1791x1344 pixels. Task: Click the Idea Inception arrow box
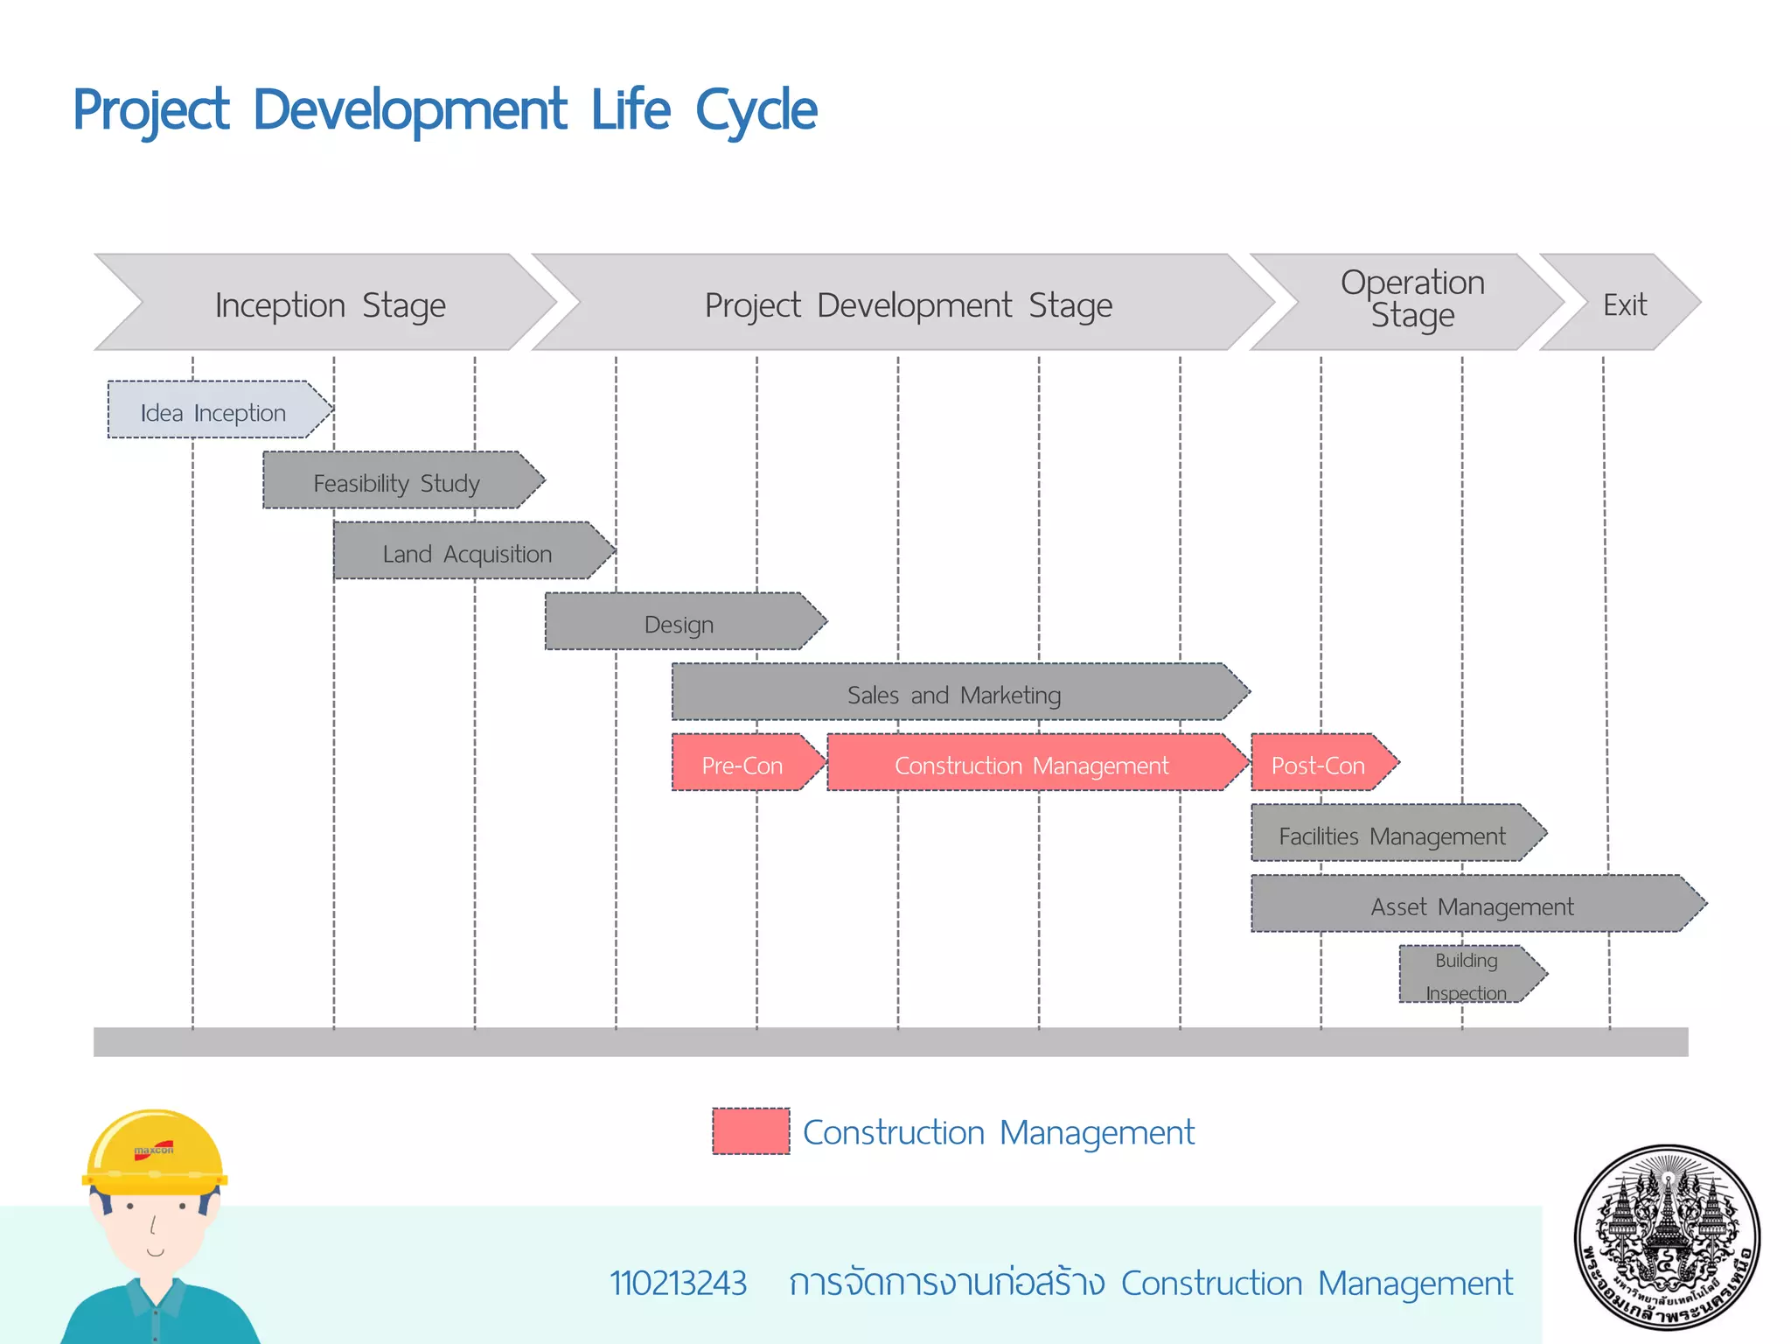point(214,410)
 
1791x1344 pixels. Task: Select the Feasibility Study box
point(398,481)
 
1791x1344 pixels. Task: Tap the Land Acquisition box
point(468,552)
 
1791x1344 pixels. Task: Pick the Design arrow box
point(679,623)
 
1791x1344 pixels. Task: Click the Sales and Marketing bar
point(953,693)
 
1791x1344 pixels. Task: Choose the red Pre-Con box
point(742,764)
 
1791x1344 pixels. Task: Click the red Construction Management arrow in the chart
point(1032,764)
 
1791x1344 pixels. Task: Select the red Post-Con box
point(1318,764)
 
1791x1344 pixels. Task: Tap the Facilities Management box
point(1392,835)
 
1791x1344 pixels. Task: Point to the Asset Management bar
point(1472,905)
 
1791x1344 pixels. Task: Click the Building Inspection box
point(1467,975)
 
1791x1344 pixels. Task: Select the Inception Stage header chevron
point(330,304)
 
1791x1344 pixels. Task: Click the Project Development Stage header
point(908,304)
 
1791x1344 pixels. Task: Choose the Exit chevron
point(1624,304)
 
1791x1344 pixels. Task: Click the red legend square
point(750,1131)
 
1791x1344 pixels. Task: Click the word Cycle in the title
point(756,112)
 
